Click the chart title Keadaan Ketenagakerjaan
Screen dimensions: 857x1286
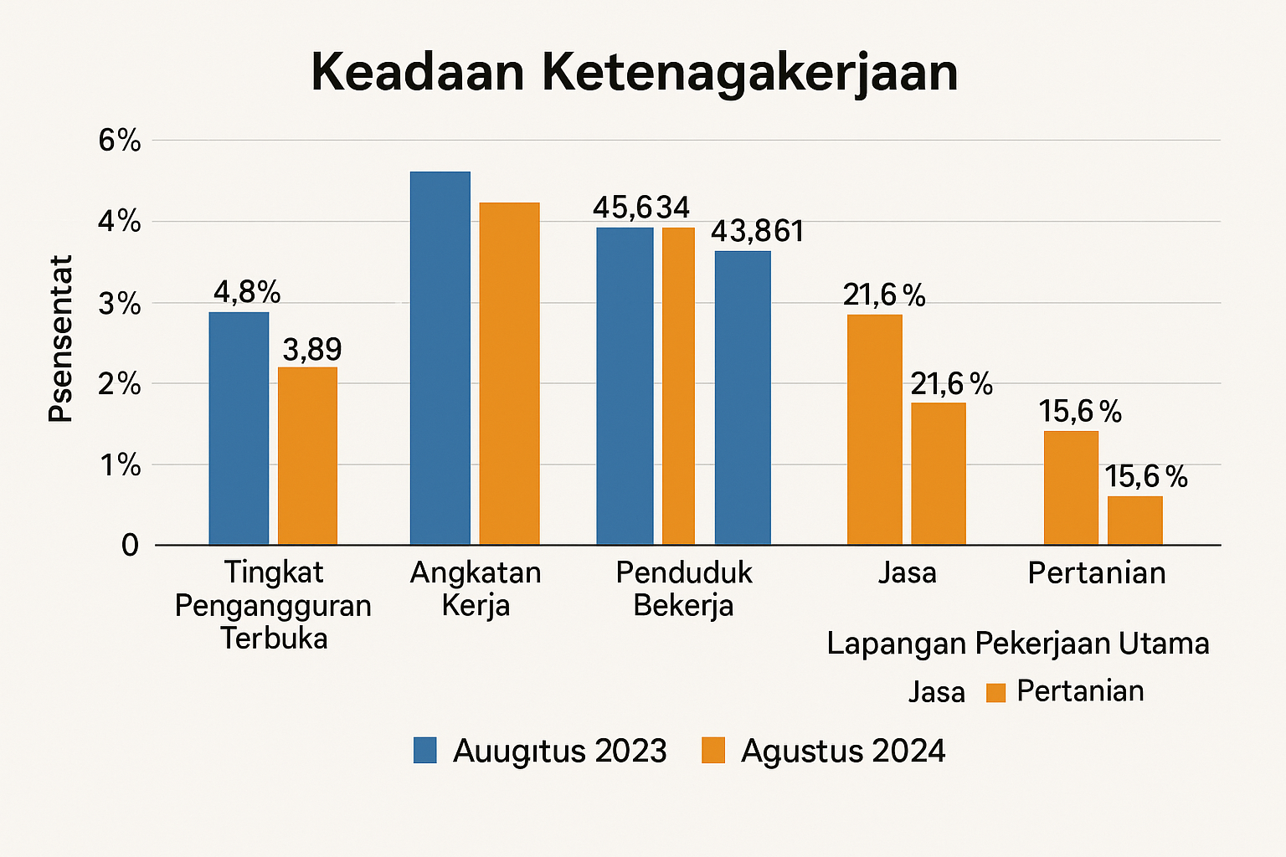634,73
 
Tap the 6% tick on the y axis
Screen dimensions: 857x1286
119,141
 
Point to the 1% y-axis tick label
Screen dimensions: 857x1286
119,464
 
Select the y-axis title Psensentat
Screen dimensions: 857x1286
60,339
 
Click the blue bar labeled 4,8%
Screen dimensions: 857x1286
239,428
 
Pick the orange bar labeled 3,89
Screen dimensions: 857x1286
307,456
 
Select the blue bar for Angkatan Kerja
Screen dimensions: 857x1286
440,358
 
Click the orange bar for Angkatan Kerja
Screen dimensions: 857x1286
509,373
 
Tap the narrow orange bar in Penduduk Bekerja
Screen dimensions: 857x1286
678,386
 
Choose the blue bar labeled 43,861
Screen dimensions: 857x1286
743,398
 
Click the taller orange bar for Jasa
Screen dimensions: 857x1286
874,429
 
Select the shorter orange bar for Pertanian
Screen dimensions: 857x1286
1134,520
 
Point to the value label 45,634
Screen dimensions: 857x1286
640,208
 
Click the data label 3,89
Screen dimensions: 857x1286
311,350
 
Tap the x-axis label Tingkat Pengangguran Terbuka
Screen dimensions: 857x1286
273,605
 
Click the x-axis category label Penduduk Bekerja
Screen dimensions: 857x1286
683,588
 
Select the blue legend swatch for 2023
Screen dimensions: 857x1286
425,751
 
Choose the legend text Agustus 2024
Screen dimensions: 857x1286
843,751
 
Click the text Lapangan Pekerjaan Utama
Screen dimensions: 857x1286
1018,644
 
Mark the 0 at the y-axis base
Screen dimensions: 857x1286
130,546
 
